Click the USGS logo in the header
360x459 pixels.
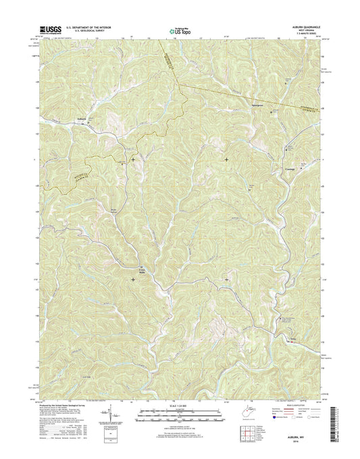coord(50,29)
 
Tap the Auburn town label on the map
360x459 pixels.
coord(80,123)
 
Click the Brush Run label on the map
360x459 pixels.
coord(115,212)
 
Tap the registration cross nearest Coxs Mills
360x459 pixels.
coord(132,279)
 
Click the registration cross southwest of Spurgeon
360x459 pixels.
coord(226,160)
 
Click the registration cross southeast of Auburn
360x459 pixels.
coord(132,160)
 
